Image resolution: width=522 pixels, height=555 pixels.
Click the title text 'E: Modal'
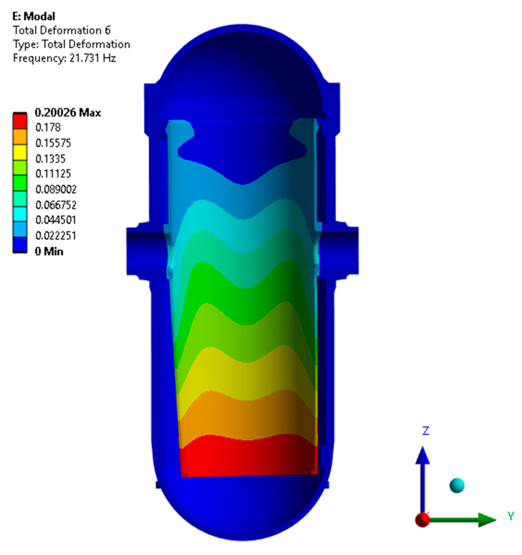pyautogui.click(x=34, y=16)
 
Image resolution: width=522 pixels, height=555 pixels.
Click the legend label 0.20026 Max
pyautogui.click(x=68, y=113)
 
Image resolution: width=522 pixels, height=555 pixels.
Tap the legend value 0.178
pyautogui.click(x=48, y=128)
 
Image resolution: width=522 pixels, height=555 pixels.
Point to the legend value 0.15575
pyautogui.click(x=53, y=143)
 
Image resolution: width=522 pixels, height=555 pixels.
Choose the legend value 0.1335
pyautogui.click(x=51, y=159)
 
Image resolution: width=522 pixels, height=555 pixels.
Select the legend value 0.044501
pyautogui.click(x=56, y=220)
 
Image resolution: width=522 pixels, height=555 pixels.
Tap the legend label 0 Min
pyautogui.click(x=49, y=251)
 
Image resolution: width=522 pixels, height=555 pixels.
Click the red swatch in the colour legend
pyautogui.click(x=20, y=121)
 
